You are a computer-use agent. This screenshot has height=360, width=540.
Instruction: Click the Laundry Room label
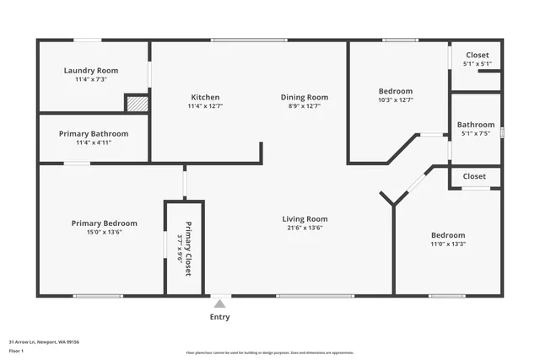[91, 71]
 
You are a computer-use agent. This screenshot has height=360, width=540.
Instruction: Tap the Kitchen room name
[205, 97]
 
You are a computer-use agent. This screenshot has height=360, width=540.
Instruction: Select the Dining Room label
[304, 97]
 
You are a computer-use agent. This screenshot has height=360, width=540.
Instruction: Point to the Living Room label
[305, 219]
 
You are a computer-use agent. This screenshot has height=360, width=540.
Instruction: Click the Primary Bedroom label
[104, 223]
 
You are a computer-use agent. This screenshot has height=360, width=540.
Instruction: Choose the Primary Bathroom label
[94, 133]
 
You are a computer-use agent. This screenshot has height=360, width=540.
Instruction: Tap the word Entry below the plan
[219, 318]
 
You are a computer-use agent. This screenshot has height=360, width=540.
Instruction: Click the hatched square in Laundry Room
[136, 103]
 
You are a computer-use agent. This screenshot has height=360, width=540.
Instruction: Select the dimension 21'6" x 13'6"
[305, 228]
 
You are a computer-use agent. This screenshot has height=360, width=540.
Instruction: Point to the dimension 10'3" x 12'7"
[395, 99]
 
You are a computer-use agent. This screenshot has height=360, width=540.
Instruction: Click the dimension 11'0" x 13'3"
[448, 244]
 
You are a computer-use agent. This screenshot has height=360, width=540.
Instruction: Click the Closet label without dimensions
[474, 176]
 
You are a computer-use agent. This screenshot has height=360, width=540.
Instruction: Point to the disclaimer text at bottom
[270, 352]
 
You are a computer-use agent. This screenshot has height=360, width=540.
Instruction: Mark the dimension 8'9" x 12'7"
[304, 106]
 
